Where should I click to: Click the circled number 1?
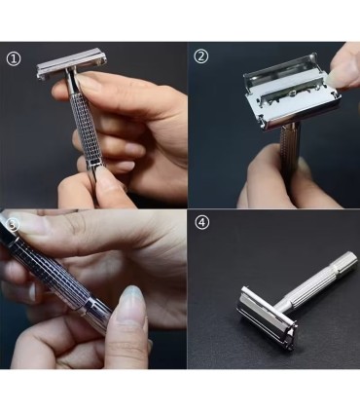pyautogui.click(x=14, y=59)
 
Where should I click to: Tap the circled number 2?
pyautogui.click(x=201, y=56)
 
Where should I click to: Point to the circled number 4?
pyautogui.click(x=202, y=223)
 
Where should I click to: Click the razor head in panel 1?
pyautogui.click(x=72, y=63)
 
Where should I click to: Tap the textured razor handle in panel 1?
pyautogui.click(x=86, y=130)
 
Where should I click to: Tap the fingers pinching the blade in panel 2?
pyautogui.click(x=342, y=67)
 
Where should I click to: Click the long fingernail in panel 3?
pyautogui.click(x=132, y=301)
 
